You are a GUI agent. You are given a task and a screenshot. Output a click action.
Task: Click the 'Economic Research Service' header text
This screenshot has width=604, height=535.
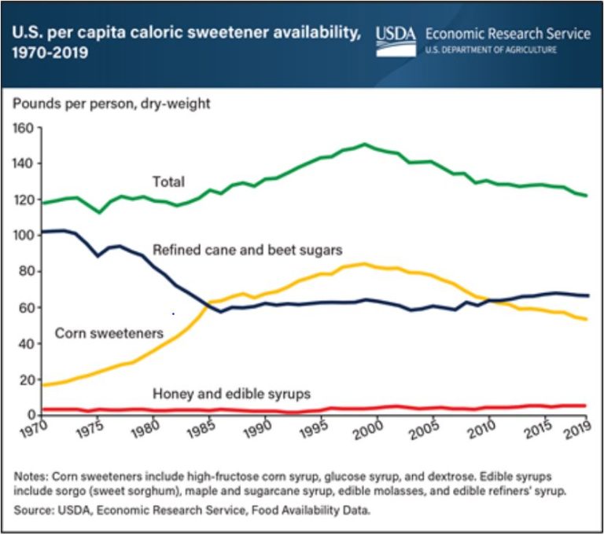coord(507,34)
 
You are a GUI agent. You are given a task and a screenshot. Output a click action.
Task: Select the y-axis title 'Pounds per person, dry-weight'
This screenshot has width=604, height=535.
coord(110,103)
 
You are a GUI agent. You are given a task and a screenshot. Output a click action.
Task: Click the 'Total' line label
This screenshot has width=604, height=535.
coord(168,182)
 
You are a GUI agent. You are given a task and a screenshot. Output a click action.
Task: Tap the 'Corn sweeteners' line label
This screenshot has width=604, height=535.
coord(109,333)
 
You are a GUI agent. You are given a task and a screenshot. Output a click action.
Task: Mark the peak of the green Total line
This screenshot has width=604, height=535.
coord(364,144)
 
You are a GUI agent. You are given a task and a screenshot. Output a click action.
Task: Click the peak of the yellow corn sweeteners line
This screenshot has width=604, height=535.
coord(363,264)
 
